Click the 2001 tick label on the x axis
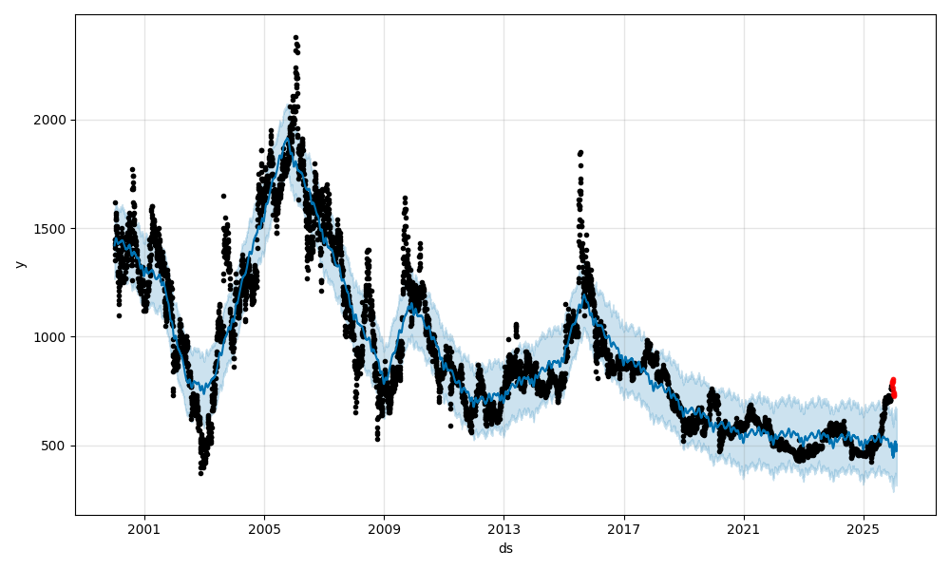[144, 529]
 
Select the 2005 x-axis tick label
[264, 529]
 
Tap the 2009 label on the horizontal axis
[384, 529]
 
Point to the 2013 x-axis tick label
[503, 529]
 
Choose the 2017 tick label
[623, 529]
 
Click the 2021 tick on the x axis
[743, 529]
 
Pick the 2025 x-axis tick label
[863, 529]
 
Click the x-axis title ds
[505, 548]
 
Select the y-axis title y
[20, 264]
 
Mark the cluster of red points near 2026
[892, 388]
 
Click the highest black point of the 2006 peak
[295, 38]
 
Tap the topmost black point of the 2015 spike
[580, 152]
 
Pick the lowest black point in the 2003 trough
[200, 472]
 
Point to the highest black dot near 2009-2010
[405, 198]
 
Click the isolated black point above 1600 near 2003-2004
[223, 196]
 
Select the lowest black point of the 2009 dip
[377, 439]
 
